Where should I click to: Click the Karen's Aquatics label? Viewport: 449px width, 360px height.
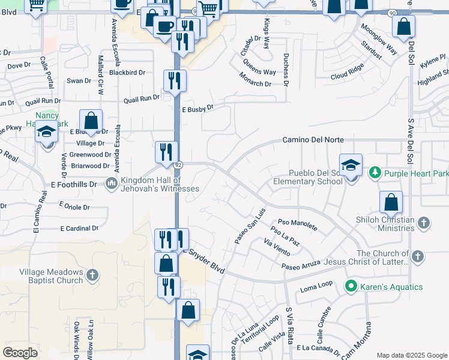click(392, 287)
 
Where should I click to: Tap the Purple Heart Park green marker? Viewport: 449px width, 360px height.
click(375, 173)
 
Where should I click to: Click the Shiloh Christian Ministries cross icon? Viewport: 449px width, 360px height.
click(423, 224)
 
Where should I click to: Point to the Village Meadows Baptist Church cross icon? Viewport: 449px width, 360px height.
click(92, 275)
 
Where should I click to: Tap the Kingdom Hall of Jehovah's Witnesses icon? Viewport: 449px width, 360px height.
click(111, 182)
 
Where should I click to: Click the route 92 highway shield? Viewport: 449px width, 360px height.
click(178, 164)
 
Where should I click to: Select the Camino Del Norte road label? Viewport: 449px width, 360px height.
click(313, 140)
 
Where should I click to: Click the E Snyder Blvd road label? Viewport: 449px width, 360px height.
click(204, 262)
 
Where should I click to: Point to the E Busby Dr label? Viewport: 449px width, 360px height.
click(197, 109)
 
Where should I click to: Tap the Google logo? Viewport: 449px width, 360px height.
click(20, 352)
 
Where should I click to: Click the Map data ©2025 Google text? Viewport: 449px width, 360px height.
click(411, 355)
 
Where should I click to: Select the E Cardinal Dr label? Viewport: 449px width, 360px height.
click(79, 229)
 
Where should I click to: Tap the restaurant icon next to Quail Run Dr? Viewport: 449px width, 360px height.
click(175, 81)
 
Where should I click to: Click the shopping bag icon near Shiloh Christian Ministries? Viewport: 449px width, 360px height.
click(391, 203)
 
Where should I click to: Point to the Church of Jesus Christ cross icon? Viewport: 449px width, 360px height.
click(418, 257)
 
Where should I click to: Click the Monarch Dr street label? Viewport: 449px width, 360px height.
click(256, 79)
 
